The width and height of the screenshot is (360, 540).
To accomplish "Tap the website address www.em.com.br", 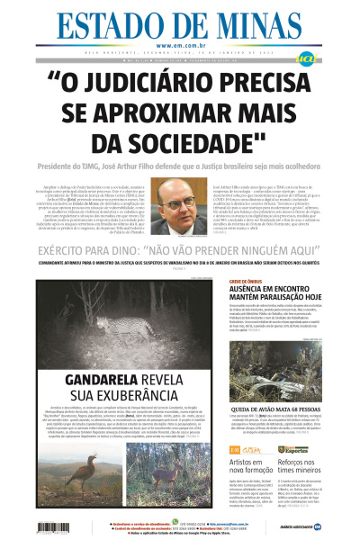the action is (x=179, y=45).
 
